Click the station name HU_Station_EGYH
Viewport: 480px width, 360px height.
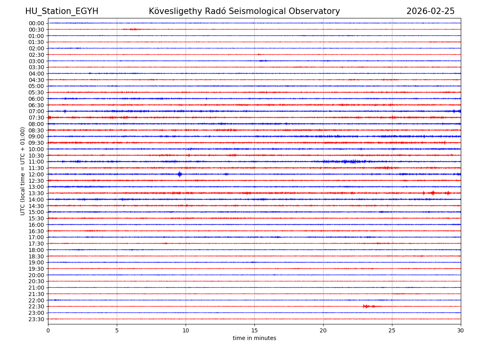pos(62,12)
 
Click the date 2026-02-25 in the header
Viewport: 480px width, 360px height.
pos(430,12)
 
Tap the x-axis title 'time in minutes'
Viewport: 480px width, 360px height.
pos(254,338)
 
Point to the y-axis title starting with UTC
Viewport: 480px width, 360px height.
pos(23,171)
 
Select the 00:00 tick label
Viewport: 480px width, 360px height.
pos(36,23)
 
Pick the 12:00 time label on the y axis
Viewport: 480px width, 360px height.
pos(36,174)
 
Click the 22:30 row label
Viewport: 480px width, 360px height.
pos(36,307)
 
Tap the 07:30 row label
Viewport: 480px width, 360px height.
pos(36,118)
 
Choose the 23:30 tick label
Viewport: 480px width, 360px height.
pos(36,319)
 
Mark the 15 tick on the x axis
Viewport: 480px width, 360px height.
pos(254,331)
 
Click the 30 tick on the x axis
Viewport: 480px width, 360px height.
pos(461,331)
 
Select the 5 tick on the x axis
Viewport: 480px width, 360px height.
pos(117,331)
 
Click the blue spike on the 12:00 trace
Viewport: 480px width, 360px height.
pos(180,174)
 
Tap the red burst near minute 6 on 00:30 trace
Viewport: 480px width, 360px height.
pos(133,29)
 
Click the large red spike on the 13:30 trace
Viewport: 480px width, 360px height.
pos(432,193)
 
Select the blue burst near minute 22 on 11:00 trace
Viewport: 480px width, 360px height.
pos(352,162)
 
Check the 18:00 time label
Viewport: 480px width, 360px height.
pos(36,250)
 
